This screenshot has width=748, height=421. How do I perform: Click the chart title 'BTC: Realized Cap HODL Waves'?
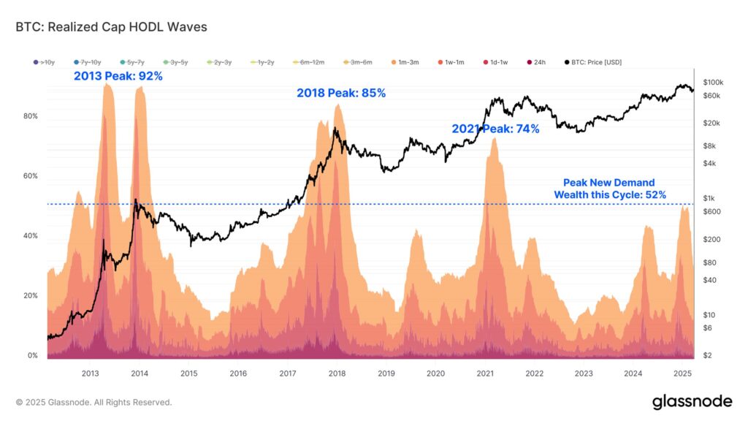tap(111, 27)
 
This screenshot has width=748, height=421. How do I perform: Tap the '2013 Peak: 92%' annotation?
tap(118, 75)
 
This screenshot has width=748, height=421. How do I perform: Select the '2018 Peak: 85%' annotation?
tap(340, 93)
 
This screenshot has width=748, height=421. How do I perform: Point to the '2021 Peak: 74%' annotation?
tap(495, 129)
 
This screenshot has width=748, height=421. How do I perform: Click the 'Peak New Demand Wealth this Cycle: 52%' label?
tap(609, 189)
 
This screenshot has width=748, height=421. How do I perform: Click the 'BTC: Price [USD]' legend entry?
tap(592, 62)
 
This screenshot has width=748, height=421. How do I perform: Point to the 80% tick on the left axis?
tap(30, 116)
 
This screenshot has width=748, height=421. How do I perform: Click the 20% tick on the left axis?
tap(30, 295)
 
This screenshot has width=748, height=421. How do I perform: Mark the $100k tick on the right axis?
tap(712, 82)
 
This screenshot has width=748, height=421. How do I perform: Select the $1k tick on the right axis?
tap(708, 198)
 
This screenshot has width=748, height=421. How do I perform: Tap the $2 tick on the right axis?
tap(706, 355)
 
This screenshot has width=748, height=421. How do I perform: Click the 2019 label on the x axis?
tap(386, 373)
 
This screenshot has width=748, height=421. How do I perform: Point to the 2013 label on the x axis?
tap(90, 373)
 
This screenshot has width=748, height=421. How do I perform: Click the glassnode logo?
tap(691, 401)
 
